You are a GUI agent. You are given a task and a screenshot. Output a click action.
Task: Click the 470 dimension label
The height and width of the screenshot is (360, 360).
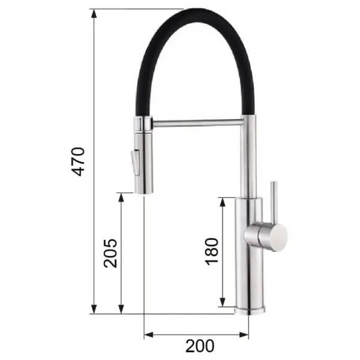pyautogui.click(x=78, y=161)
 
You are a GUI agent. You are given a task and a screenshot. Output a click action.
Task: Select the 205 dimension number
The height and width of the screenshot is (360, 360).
pyautogui.click(x=110, y=253)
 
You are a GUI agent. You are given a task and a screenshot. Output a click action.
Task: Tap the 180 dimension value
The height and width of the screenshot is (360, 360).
pyautogui.click(x=211, y=251)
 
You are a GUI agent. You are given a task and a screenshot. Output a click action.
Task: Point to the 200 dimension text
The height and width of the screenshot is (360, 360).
pyautogui.click(x=200, y=346)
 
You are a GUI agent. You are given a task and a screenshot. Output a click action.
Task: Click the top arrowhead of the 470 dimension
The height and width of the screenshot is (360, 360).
pyautogui.click(x=94, y=14)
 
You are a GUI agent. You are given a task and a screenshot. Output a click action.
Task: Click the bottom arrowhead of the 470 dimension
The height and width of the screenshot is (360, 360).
pyautogui.click(x=94, y=309)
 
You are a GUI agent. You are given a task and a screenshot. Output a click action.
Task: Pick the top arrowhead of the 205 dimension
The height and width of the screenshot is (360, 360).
pyautogui.click(x=121, y=197)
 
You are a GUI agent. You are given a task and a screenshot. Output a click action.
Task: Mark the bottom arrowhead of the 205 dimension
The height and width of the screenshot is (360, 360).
pyautogui.click(x=121, y=309)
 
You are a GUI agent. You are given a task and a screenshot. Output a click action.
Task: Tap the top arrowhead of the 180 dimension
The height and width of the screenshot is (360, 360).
pyautogui.click(x=222, y=202)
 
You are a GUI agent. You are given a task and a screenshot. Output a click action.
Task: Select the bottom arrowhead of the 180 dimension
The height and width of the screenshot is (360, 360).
pyautogui.click(x=222, y=302)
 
